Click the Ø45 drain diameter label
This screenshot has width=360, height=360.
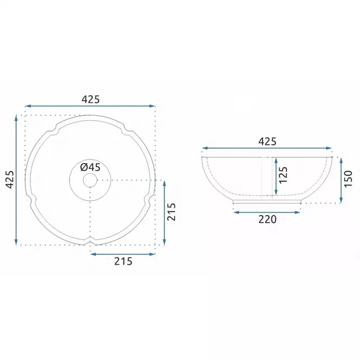(x=90, y=167)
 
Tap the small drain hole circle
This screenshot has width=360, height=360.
(x=90, y=180)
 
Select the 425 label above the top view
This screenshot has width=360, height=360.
(x=91, y=100)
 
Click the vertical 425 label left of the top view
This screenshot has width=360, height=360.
(x=10, y=180)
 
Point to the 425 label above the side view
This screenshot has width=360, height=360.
(x=267, y=141)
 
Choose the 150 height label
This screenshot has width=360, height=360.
(x=348, y=179)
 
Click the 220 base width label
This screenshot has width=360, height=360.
(x=267, y=219)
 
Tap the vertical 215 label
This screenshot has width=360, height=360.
(x=171, y=212)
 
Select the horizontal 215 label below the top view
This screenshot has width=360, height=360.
(x=123, y=261)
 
